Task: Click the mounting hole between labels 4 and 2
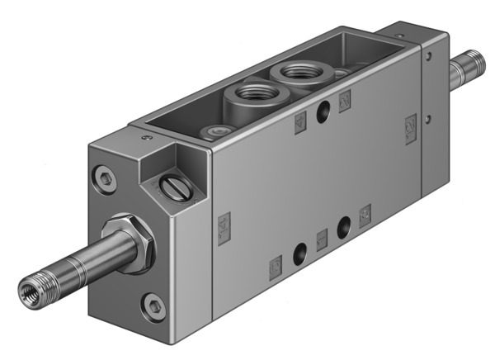(x=323, y=111)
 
